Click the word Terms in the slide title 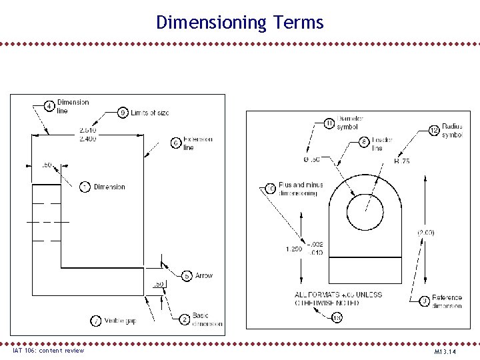[297, 23]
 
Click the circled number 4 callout [49, 107]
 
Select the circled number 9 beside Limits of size [123, 113]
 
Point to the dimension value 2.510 [87, 129]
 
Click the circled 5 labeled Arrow [187, 275]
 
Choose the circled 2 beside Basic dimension [185, 319]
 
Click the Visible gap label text [121, 321]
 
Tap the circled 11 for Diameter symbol [329, 123]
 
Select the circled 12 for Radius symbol [434, 130]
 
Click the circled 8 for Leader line [364, 141]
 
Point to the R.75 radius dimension [402, 161]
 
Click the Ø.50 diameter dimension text [311, 160]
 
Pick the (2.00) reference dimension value [426, 232]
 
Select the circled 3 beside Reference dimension [424, 301]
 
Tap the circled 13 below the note [337, 318]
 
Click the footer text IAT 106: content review [49, 350]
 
